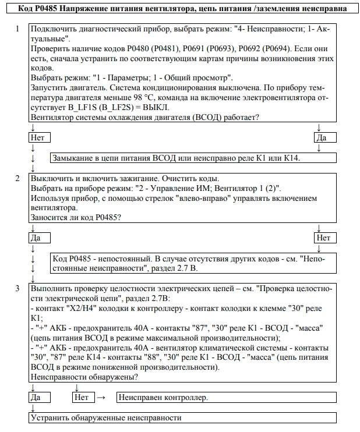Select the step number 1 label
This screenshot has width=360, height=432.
(x=18, y=29)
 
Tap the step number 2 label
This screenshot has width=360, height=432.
(x=18, y=178)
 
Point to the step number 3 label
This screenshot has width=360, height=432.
(x=18, y=288)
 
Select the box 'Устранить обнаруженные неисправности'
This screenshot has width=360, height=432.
(x=182, y=417)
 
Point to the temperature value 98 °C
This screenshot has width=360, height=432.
(x=172, y=98)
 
